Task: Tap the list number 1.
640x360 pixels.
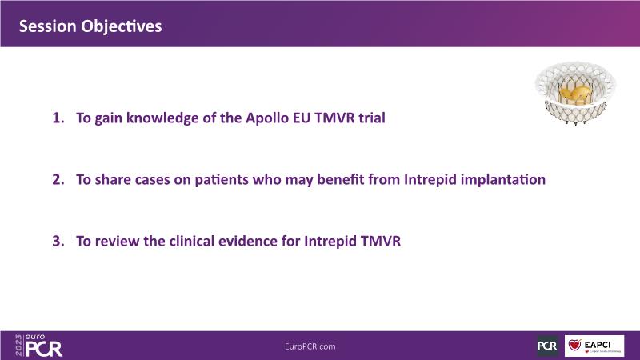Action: pyautogui.click(x=58, y=118)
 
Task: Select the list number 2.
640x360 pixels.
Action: pyautogui.click(x=58, y=179)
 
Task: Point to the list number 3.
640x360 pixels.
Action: pyautogui.click(x=58, y=242)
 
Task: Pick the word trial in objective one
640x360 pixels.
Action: pyautogui.click(x=372, y=118)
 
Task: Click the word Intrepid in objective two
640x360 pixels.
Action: pyautogui.click(x=430, y=180)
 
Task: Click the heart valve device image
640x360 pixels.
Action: pyautogui.click(x=575, y=94)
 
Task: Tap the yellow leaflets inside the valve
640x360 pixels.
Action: pyautogui.click(x=575, y=95)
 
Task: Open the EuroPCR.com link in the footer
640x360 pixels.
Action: pyautogui.click(x=310, y=346)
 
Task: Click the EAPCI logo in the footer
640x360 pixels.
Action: pyautogui.click(x=594, y=346)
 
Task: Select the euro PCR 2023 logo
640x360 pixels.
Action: pyautogui.click(x=38, y=346)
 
